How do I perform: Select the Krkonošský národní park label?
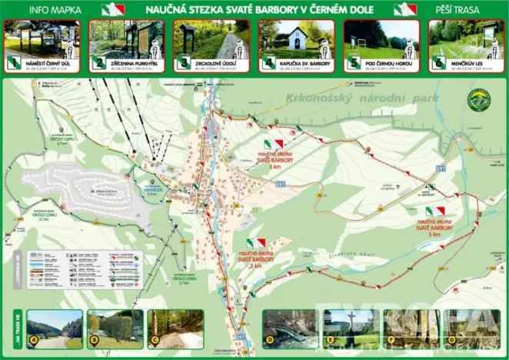[x=361, y=98]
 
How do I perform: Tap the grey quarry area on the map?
[x=96, y=187]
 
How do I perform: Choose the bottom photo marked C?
[x=175, y=328]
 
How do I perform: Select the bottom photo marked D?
[x=289, y=328]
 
